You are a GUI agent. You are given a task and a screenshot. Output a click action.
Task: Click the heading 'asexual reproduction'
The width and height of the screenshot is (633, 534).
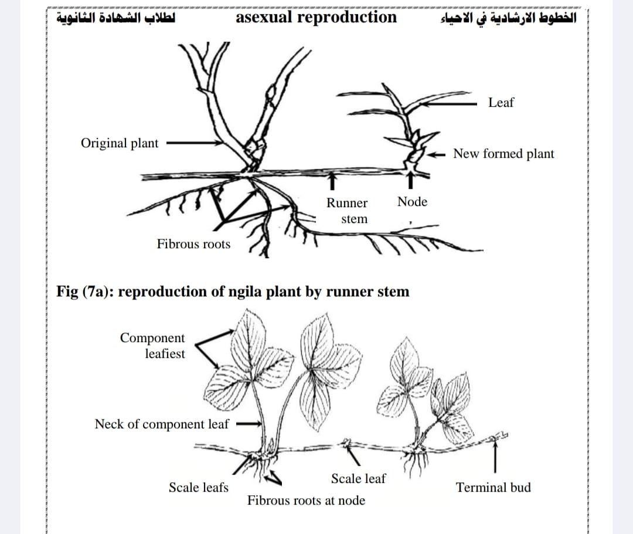[316, 18]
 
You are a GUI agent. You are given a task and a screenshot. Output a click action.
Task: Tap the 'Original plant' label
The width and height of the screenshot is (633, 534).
[120, 143]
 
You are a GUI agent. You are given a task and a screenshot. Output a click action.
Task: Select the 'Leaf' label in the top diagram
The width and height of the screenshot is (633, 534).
[501, 102]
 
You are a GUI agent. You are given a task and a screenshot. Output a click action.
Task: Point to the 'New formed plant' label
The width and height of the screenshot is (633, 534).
[503, 154]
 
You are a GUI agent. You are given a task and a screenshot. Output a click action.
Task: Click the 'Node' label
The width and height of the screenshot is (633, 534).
[412, 201]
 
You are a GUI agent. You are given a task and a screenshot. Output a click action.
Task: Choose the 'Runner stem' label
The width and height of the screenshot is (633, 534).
[347, 211]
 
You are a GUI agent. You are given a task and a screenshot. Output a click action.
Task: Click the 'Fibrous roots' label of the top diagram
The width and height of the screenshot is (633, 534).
[193, 244]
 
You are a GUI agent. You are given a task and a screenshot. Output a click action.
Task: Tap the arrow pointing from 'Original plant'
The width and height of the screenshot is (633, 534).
[195, 143]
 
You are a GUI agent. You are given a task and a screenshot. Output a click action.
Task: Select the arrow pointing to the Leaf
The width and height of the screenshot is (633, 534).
[448, 104]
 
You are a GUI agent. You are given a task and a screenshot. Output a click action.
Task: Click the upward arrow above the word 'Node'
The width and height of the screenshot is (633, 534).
[410, 180]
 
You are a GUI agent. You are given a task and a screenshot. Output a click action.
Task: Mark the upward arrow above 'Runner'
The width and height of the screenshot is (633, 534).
[332, 181]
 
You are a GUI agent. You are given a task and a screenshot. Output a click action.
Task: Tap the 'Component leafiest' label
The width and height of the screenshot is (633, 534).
[152, 346]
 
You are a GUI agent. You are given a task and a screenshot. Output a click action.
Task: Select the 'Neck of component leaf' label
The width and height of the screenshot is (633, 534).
[162, 424]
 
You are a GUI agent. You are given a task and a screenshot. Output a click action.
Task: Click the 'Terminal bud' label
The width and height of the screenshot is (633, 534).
[494, 488]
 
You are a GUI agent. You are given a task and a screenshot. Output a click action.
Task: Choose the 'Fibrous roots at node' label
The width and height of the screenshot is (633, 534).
[306, 501]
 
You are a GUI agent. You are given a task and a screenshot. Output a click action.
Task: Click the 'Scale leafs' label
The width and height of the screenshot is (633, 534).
[198, 488]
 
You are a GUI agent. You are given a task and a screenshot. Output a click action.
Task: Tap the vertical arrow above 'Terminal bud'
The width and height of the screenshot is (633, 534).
[495, 455]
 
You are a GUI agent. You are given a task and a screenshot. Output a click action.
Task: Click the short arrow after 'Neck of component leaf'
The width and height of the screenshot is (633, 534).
[249, 424]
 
